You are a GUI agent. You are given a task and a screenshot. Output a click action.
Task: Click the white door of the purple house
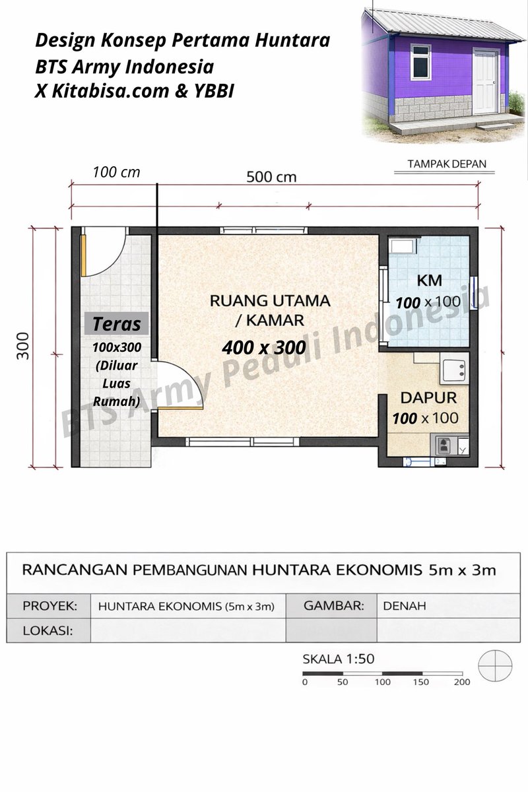[x=486, y=81]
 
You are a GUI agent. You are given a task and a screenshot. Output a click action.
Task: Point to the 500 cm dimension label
[x=271, y=177]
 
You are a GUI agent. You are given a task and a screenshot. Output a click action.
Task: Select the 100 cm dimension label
[x=116, y=172]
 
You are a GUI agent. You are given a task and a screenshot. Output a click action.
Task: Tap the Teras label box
[x=116, y=324]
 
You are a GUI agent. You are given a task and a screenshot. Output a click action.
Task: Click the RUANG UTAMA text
[x=269, y=301]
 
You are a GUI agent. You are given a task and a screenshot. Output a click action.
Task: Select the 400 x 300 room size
[x=264, y=346]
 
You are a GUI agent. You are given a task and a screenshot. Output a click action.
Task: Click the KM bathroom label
[x=429, y=280]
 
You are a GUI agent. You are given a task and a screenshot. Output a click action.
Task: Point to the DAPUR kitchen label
[x=428, y=398]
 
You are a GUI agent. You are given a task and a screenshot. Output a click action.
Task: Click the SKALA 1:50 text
[x=338, y=659]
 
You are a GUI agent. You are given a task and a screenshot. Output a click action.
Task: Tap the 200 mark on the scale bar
[x=461, y=682]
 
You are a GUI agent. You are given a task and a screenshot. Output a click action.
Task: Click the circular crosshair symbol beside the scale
[x=494, y=666]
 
